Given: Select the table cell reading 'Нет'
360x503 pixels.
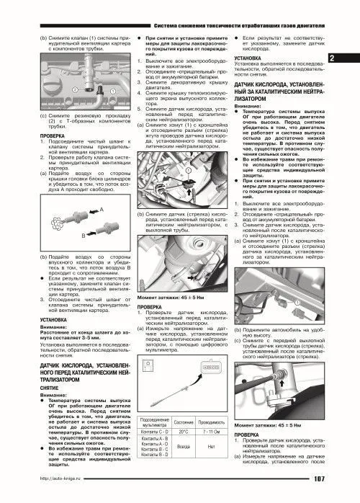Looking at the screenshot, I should (210, 446).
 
